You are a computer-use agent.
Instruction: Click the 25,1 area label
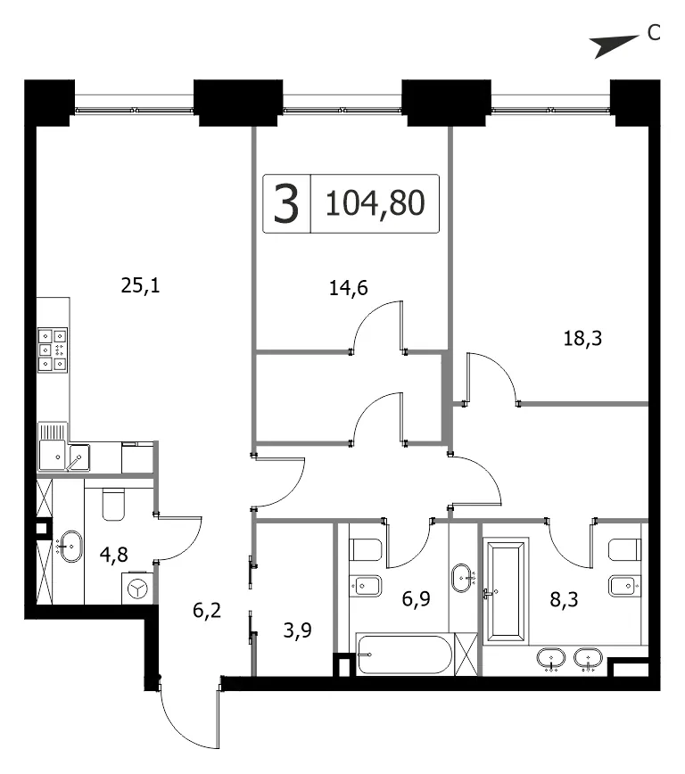pyautogui.click(x=141, y=286)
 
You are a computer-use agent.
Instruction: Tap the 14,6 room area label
pyautogui.click(x=348, y=288)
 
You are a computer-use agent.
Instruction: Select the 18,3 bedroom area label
pyautogui.click(x=582, y=339)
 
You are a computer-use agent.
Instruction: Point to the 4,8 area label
pyautogui.click(x=113, y=555)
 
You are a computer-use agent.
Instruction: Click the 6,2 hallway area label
pyautogui.click(x=207, y=611)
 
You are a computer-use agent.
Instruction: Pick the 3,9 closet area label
pyautogui.click(x=297, y=630)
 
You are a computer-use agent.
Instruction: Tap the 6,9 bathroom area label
pyautogui.click(x=416, y=599)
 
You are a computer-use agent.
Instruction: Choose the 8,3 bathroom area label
pyautogui.click(x=564, y=600)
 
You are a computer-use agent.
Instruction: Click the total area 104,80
pyautogui.click(x=376, y=203)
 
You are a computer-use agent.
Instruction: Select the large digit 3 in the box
pyautogui.click(x=286, y=203)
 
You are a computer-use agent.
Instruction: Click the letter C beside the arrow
pyautogui.click(x=654, y=33)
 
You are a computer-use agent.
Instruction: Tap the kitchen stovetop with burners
pyautogui.click(x=53, y=350)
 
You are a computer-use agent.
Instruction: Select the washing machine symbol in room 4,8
pyautogui.click(x=137, y=588)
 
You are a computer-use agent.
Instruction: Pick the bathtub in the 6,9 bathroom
pyautogui.click(x=404, y=655)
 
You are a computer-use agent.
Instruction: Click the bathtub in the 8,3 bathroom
pyautogui.click(x=506, y=590)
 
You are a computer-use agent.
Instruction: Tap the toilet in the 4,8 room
pyautogui.click(x=113, y=504)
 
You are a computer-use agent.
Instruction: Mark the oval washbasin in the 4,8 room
pyautogui.click(x=71, y=547)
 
